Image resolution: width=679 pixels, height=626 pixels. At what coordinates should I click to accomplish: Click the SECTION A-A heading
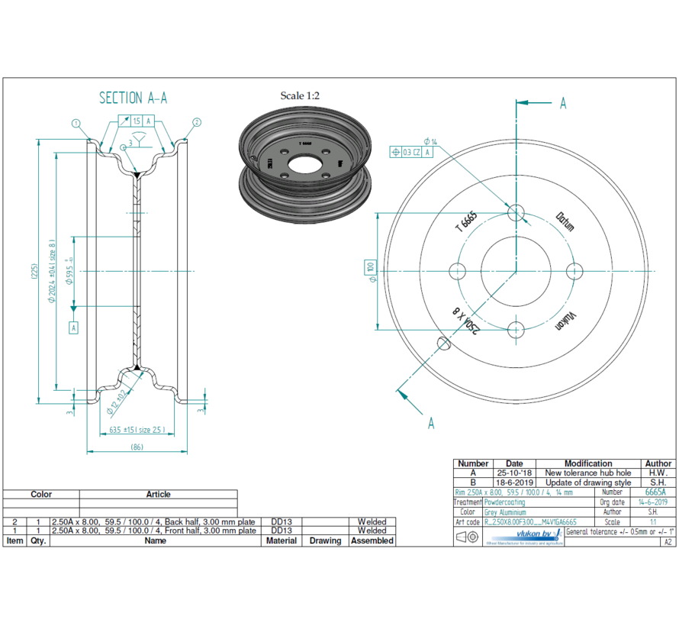(x=134, y=98)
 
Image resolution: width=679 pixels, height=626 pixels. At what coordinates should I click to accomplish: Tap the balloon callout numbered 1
(x=76, y=123)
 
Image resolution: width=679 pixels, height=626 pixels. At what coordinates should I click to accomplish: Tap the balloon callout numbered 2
(x=196, y=122)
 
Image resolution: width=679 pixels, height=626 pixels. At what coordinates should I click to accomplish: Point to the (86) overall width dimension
(x=137, y=447)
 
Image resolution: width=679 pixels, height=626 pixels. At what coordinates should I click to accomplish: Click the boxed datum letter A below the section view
(x=74, y=328)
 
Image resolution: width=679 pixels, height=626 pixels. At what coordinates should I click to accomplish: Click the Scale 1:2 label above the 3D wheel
(x=300, y=95)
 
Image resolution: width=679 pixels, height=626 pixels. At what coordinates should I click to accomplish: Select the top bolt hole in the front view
(x=516, y=211)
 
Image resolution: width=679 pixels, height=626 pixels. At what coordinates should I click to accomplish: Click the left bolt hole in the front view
(x=458, y=271)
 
